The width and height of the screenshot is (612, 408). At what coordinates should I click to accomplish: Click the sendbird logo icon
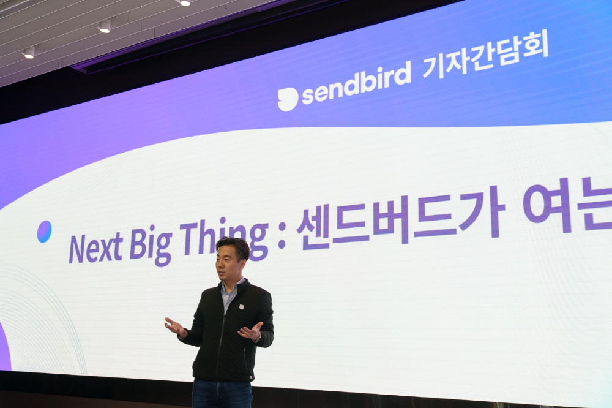pyautogui.click(x=288, y=99)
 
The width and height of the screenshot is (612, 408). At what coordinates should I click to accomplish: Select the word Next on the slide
pyautogui.click(x=95, y=247)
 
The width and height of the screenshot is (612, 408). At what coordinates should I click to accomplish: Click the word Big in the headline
pyautogui.click(x=151, y=244)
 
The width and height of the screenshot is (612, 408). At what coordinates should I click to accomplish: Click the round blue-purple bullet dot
pyautogui.click(x=44, y=232)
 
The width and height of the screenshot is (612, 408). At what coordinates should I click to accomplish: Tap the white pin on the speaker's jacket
pyautogui.click(x=241, y=306)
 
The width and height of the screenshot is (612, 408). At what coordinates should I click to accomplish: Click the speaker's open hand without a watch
pyautogui.click(x=174, y=327)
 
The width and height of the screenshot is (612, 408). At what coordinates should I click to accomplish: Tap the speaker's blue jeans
pyautogui.click(x=222, y=394)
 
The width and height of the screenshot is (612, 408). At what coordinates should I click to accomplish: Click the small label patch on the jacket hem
pyautogui.click(x=251, y=377)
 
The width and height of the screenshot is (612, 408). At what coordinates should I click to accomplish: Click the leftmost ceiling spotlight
pyautogui.click(x=29, y=52)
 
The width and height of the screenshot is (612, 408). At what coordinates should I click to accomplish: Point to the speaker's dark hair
pyautogui.click(x=234, y=246)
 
